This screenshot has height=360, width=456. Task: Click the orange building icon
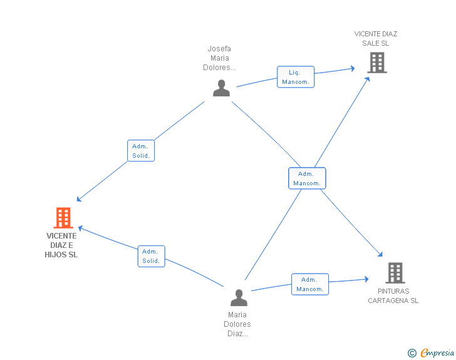coord(63,217)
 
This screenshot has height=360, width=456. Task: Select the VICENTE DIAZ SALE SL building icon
coord(377,62)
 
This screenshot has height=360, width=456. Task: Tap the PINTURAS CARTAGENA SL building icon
coord(395,273)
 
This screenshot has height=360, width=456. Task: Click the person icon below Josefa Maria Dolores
coord(221,88)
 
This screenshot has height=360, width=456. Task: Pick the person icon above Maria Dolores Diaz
coord(239,297)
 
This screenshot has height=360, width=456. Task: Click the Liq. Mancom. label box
coord(296,77)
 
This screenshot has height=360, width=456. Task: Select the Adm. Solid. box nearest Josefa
coord(141,151)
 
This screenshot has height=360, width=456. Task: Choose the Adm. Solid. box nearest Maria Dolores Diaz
coord(151,256)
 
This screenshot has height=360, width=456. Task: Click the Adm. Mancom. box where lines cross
coord(307,178)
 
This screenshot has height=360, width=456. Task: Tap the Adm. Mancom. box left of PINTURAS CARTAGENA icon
coord(310,284)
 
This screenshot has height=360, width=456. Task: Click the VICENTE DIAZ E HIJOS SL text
coord(61,245)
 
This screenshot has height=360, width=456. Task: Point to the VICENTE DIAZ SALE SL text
coord(375,38)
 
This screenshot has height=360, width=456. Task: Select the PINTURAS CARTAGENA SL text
coord(393,296)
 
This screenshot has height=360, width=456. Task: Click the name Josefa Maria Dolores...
coord(220,58)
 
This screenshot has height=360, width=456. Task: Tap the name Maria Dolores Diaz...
coord(237,324)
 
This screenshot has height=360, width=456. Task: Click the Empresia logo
coord(437,352)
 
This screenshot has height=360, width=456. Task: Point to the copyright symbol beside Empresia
coord(412,353)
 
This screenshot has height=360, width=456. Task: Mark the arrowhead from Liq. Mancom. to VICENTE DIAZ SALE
coord(353,69)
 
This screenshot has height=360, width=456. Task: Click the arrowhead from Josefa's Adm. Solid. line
coord(79,199)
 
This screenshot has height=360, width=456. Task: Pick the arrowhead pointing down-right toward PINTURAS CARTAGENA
coord(380,255)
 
